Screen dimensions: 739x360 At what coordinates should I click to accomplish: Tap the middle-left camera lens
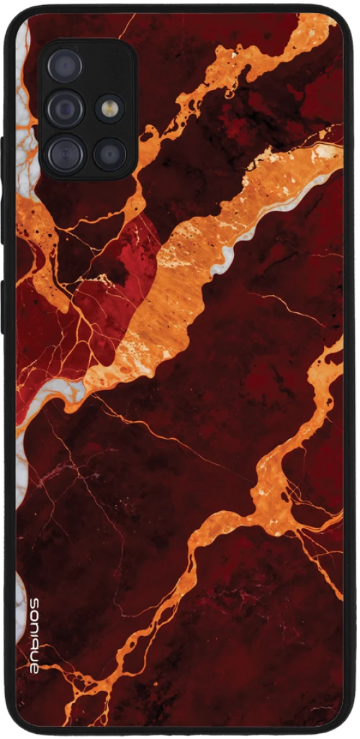click(66, 109)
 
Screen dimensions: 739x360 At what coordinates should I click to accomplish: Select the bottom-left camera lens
click(65, 154)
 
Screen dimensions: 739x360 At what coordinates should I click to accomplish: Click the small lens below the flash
click(109, 154)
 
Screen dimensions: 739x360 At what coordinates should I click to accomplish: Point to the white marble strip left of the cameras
click(24, 108)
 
